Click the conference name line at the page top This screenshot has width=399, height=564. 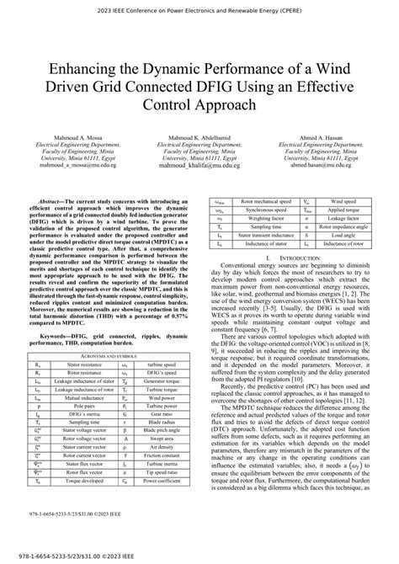point(199,13)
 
